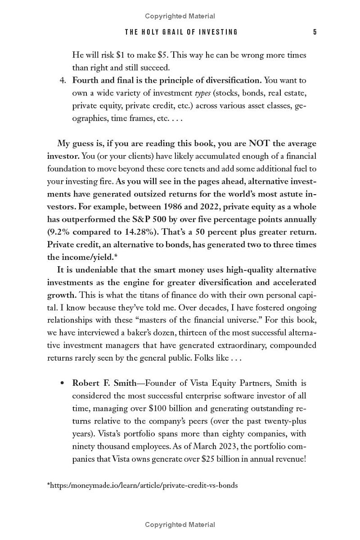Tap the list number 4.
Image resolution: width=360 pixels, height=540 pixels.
point(63,80)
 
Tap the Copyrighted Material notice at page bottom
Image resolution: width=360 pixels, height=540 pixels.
point(180,525)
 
